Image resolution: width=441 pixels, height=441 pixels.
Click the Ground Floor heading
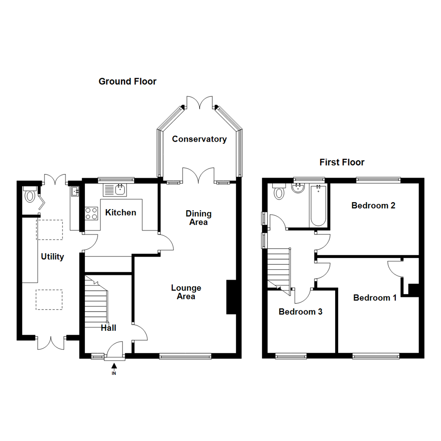[127, 82]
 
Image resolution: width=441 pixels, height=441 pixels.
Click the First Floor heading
[342, 163]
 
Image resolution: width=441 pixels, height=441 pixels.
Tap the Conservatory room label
[199, 139]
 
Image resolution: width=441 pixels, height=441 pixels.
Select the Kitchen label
[120, 213]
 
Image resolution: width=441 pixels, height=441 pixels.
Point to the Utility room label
[53, 257]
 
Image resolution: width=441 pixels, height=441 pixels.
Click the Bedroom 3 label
[301, 312]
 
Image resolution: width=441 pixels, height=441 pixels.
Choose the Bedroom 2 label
[373, 205]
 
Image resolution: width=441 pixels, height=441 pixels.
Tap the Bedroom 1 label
[375, 298]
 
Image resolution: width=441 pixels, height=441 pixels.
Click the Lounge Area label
[186, 292]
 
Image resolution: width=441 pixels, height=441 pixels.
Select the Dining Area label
[198, 218]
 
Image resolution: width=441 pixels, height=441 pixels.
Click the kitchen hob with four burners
[91, 213]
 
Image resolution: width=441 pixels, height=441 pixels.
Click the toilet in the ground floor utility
[30, 195]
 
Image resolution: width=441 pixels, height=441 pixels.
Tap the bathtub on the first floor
[318, 205]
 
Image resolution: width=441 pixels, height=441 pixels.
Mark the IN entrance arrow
[114, 367]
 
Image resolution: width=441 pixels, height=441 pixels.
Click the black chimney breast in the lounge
[231, 297]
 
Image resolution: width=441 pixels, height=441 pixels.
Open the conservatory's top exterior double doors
[200, 102]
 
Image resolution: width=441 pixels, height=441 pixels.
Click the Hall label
[109, 327]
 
